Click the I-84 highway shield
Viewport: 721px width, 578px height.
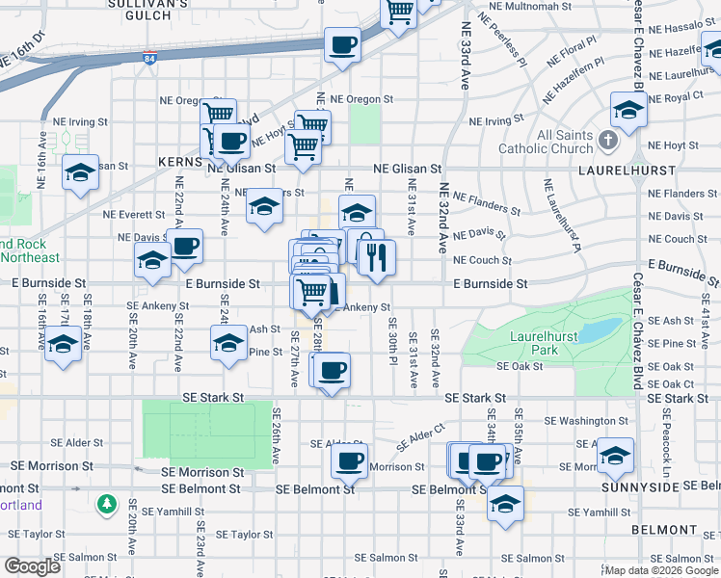coord(149,59)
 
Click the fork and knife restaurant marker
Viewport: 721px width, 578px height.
coord(375,256)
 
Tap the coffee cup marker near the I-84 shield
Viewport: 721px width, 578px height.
coord(342,44)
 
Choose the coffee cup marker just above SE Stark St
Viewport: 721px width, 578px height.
coord(333,370)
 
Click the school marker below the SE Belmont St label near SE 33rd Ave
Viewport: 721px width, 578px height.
coord(505,503)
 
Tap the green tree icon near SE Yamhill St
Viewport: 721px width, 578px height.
coord(106,504)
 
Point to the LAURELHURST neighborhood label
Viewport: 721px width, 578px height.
coord(675,168)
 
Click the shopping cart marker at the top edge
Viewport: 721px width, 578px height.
coord(398,12)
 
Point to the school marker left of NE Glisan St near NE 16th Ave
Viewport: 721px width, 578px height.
coord(81,173)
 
